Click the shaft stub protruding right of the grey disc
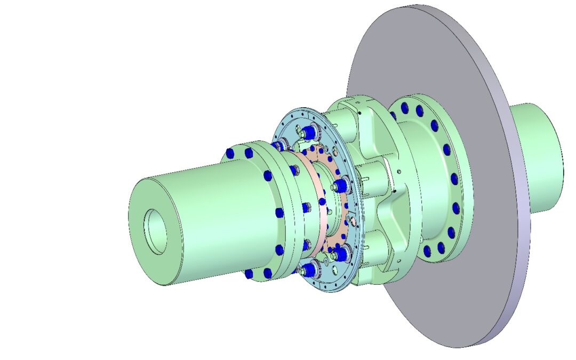tap(539, 155)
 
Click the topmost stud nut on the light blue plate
tap(309, 131)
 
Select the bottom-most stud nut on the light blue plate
tap(308, 270)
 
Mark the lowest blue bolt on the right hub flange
tap(427, 251)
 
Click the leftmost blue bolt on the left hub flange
tap(230, 153)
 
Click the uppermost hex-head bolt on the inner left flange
tap(294, 170)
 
